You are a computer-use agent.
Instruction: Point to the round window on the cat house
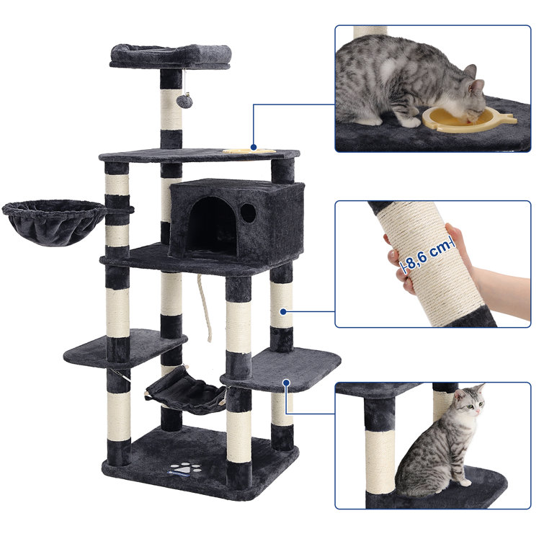tap(249, 213)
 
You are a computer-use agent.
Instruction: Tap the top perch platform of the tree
tap(171, 55)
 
